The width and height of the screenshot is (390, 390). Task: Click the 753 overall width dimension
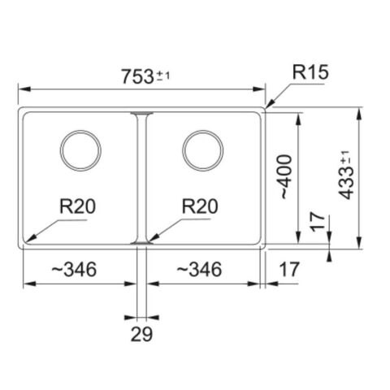coord(135,77)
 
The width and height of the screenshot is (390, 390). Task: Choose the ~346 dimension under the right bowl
coord(200,268)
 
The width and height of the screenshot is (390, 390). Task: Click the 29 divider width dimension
coord(141,333)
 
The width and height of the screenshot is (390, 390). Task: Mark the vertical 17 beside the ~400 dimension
coord(318,223)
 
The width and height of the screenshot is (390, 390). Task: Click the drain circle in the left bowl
coord(80,150)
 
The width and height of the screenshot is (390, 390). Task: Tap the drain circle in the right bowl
coord(201,150)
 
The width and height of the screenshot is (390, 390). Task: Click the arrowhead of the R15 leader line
coord(269,106)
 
